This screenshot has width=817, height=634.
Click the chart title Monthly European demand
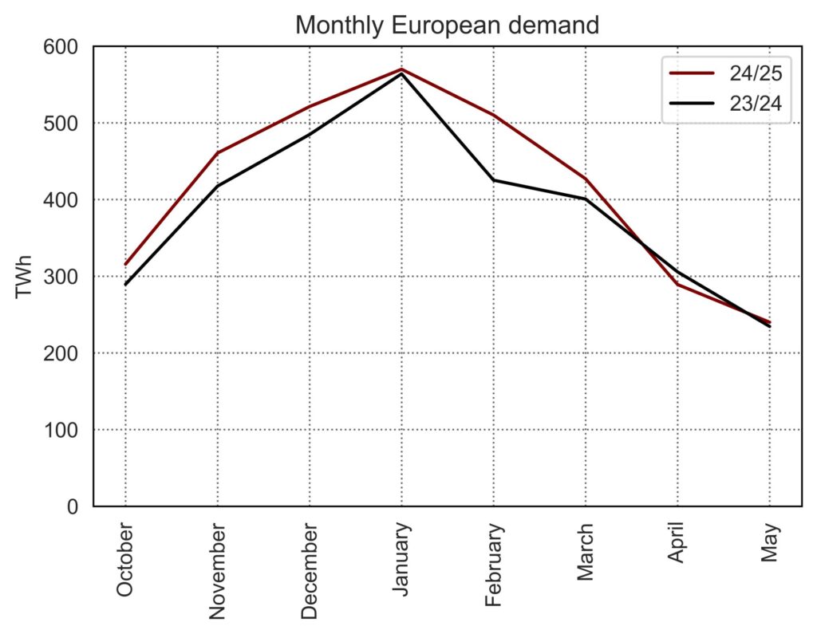(447, 26)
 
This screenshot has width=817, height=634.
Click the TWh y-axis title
(24, 277)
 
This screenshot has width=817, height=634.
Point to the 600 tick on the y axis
(63, 47)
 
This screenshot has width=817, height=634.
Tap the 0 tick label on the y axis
(73, 506)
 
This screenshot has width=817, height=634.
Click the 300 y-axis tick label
(63, 277)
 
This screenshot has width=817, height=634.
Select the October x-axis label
(125, 560)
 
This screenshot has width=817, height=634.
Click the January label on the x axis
(401, 557)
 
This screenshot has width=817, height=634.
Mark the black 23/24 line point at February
(494, 180)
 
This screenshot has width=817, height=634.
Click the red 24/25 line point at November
(217, 153)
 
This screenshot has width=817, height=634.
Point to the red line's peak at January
(401, 69)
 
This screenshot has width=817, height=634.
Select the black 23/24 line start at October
(125, 285)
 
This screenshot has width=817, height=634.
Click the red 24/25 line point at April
(677, 284)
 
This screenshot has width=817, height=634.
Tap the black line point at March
(586, 199)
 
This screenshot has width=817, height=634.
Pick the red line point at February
(494, 115)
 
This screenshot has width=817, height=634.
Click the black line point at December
(310, 135)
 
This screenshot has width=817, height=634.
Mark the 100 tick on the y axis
(63, 430)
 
